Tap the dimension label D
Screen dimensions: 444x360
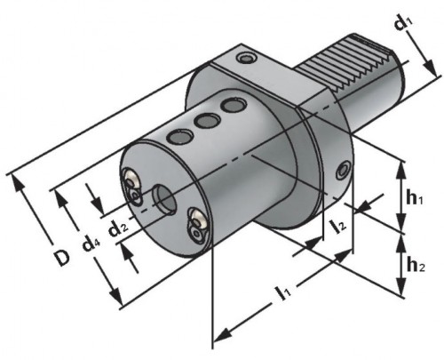[x=62, y=258]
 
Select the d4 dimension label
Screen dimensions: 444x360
[x=91, y=244]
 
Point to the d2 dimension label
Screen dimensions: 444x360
[x=118, y=228]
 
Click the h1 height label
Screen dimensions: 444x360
[x=415, y=198]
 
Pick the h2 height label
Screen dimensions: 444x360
[x=416, y=265]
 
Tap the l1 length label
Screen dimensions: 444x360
[x=283, y=292]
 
